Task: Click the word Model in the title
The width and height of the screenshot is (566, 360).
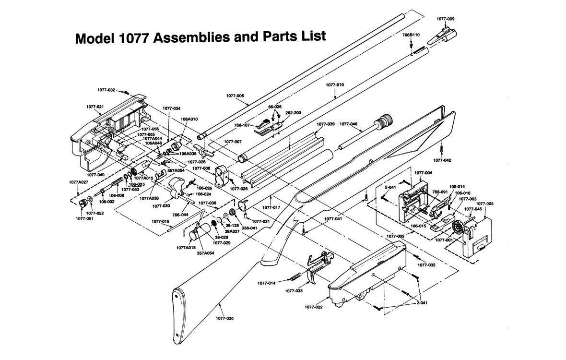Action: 93,39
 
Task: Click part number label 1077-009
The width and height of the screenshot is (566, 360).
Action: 445,19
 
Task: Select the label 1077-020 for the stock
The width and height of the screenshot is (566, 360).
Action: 225,318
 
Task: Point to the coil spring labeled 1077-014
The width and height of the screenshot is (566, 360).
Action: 296,277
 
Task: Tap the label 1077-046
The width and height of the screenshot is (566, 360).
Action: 348,124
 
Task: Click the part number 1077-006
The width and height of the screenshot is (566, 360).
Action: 235,96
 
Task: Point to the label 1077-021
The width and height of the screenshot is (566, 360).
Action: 95,106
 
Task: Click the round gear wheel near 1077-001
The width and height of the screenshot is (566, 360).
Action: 458,228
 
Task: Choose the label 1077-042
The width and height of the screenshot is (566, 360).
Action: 442,159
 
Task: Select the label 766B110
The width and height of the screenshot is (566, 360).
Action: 411,35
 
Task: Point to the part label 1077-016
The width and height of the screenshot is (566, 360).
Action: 161,221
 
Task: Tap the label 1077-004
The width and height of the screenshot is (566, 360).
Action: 423,172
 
